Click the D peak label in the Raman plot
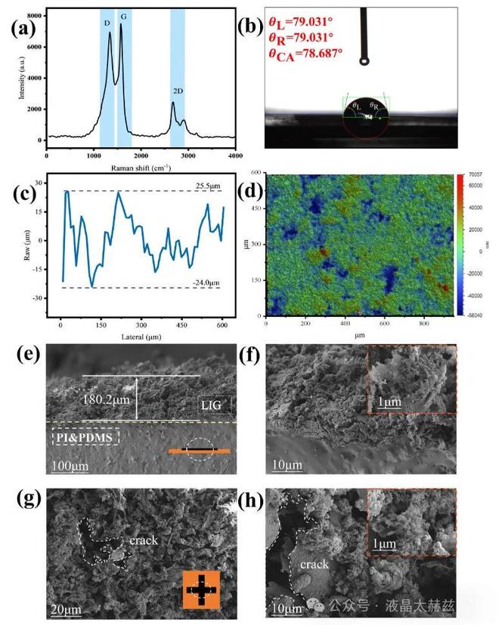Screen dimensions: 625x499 [107, 23]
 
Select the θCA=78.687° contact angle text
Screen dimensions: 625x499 [305, 54]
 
